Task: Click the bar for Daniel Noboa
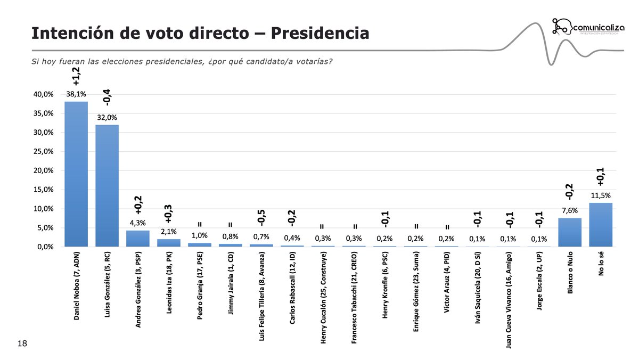76,174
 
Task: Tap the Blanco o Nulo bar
570,232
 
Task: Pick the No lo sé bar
601,225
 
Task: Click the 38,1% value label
76,94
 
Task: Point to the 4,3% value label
138,223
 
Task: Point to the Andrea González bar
138,239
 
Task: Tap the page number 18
22,344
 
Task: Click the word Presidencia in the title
320,33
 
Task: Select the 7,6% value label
570,210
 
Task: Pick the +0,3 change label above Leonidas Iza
168,213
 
